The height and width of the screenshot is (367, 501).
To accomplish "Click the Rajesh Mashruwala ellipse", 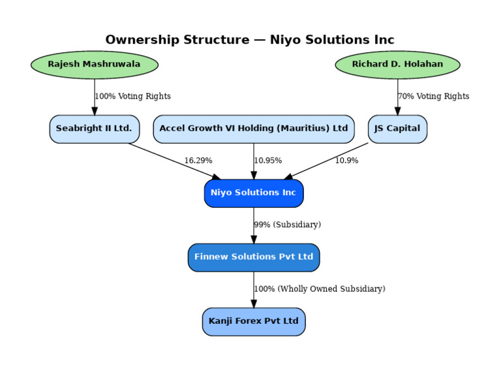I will click(x=94, y=65).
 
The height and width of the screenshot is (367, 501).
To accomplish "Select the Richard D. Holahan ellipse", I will click(x=397, y=65).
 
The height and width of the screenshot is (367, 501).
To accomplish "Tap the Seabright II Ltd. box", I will click(x=94, y=129).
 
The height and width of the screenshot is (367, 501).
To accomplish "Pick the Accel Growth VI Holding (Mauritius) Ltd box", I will click(x=254, y=129).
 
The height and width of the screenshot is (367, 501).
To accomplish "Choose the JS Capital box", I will click(x=397, y=129).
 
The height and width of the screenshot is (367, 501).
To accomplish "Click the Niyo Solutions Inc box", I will click(x=254, y=193).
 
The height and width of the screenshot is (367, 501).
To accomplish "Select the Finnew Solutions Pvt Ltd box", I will click(x=254, y=257).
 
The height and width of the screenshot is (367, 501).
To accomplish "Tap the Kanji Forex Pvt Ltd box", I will click(x=254, y=321).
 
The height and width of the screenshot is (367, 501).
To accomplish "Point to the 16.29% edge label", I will click(x=198, y=161).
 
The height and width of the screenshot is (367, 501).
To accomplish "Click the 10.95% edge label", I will click(x=268, y=161).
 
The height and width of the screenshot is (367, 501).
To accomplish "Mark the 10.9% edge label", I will click(x=346, y=161).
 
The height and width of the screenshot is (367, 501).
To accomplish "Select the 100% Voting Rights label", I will click(x=133, y=97).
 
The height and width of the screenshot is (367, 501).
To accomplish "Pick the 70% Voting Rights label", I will click(x=434, y=97).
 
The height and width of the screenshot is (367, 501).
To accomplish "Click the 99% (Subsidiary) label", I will click(x=288, y=225).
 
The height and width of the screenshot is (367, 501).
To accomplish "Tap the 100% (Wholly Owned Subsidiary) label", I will click(x=320, y=289).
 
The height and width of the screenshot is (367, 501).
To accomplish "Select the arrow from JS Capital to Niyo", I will click(x=326, y=161).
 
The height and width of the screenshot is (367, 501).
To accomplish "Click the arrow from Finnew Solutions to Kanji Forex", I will click(x=254, y=290).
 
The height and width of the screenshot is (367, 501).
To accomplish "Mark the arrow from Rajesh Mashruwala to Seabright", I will click(x=94, y=97).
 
